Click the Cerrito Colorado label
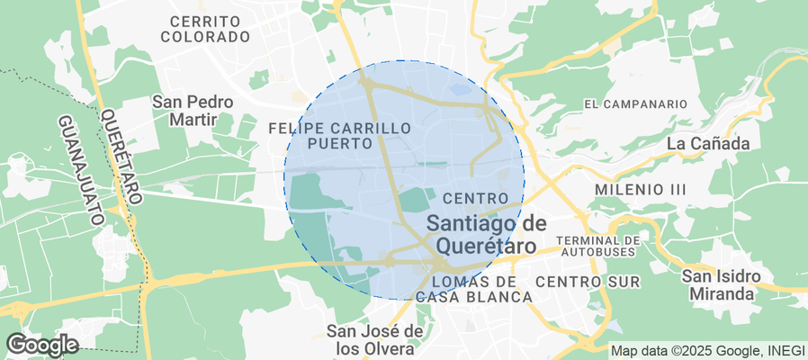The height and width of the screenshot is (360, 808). [204, 29]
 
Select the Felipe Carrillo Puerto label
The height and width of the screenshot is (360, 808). [339, 136]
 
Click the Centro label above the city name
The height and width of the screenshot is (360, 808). [471, 198]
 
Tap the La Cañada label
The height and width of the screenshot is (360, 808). [709, 143]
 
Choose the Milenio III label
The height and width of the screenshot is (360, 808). [641, 190]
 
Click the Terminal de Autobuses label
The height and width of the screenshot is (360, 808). [598, 246]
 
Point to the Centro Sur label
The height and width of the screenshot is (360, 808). [588, 283]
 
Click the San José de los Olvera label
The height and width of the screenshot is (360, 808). [375, 338]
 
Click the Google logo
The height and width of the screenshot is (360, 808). [41, 344]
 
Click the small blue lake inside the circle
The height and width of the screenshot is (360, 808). [460, 90]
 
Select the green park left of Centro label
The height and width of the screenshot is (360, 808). [415, 200]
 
